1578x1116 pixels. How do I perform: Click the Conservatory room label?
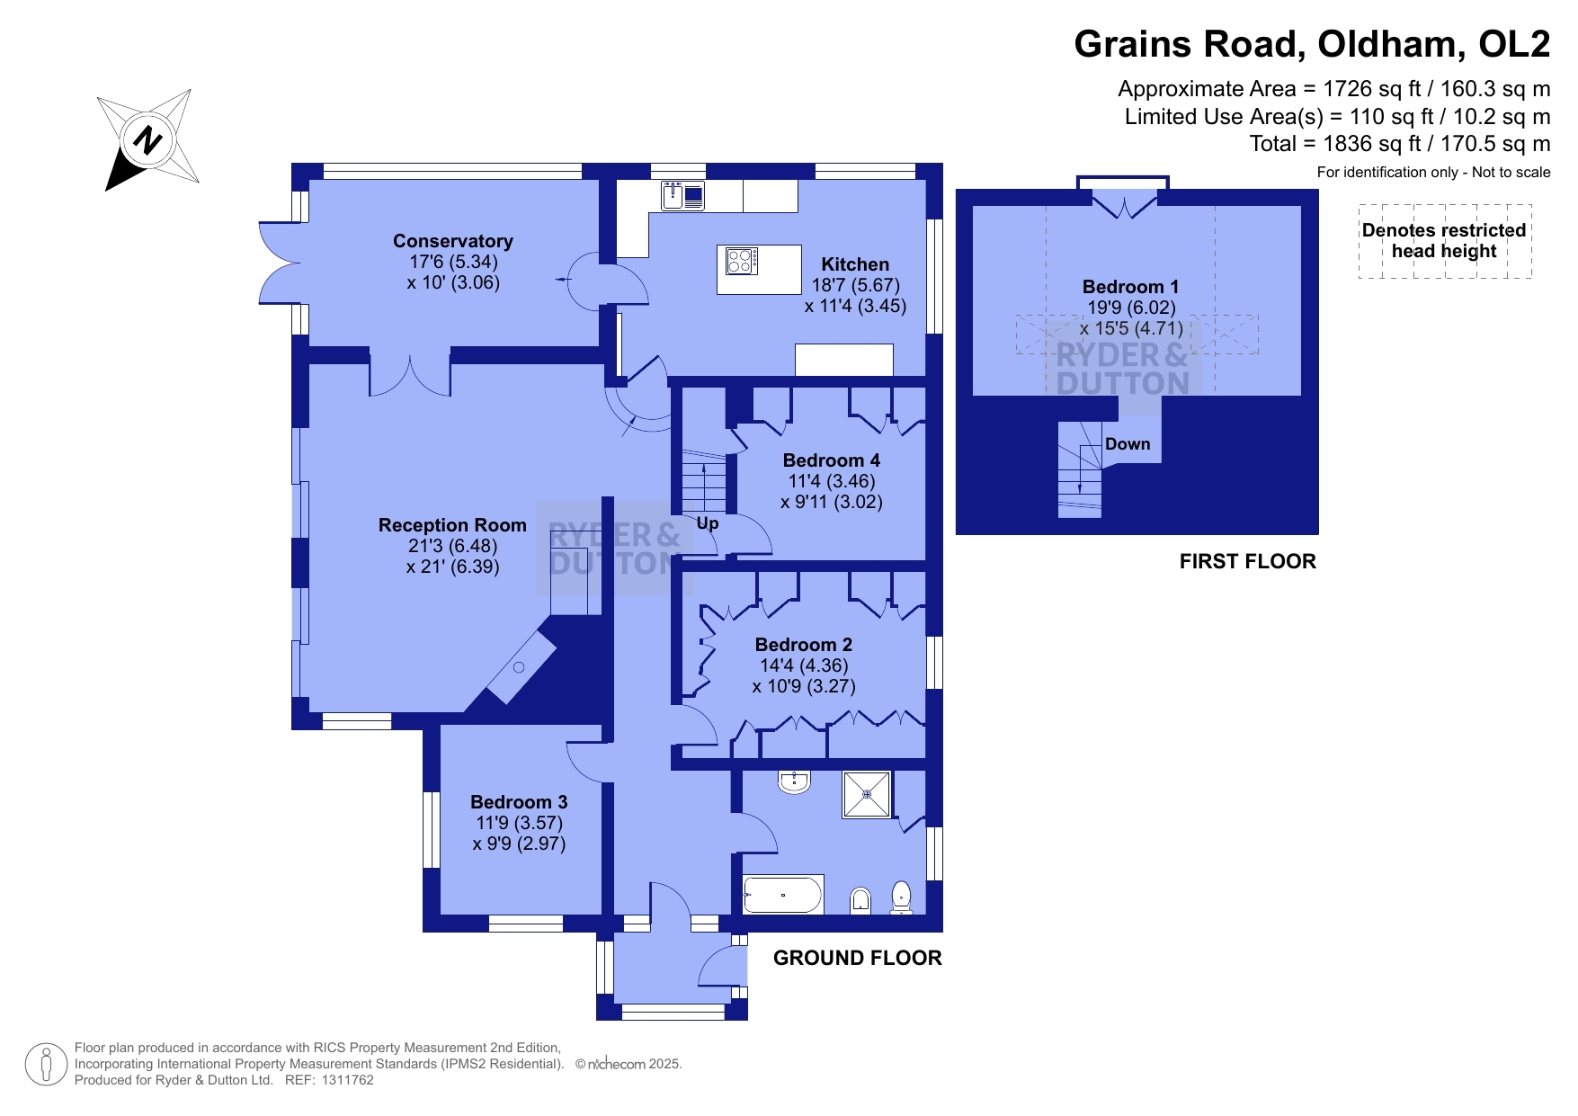pyautogui.click(x=452, y=241)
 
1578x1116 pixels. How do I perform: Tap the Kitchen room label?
pyautogui.click(x=855, y=264)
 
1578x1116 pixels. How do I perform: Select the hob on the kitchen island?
pyautogui.click(x=742, y=261)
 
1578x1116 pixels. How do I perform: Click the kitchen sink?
pyautogui.click(x=683, y=195)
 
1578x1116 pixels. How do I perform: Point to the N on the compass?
pyautogui.click(x=147, y=140)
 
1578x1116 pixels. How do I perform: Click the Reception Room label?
pyautogui.click(x=452, y=525)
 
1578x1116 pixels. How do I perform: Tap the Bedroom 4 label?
pyautogui.click(x=832, y=460)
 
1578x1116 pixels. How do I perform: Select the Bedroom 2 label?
pyautogui.click(x=804, y=645)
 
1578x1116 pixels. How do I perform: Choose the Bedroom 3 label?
pyautogui.click(x=519, y=802)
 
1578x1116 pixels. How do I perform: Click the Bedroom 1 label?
pyautogui.click(x=1130, y=287)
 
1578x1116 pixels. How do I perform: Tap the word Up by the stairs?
pyautogui.click(x=708, y=523)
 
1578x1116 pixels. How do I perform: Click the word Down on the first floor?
pyautogui.click(x=1128, y=444)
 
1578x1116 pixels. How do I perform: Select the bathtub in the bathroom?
pyautogui.click(x=783, y=895)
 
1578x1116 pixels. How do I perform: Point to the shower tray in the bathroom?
pyautogui.click(x=867, y=795)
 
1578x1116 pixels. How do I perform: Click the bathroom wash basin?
pyautogui.click(x=795, y=781)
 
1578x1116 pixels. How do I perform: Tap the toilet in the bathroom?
pyautogui.click(x=902, y=897)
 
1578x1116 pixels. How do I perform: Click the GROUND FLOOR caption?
pyautogui.click(x=858, y=959)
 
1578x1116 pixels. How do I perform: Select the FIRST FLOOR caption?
pyautogui.click(x=1248, y=562)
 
